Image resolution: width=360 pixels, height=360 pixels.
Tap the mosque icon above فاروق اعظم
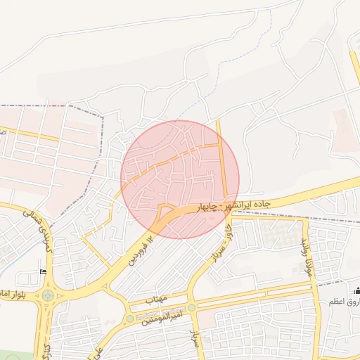pos(357,290)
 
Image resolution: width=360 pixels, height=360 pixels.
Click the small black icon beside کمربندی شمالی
pos(44,272)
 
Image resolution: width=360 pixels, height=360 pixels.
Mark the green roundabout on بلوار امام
pos(47,295)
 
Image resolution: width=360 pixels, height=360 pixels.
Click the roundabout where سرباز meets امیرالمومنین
pos(191,307)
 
